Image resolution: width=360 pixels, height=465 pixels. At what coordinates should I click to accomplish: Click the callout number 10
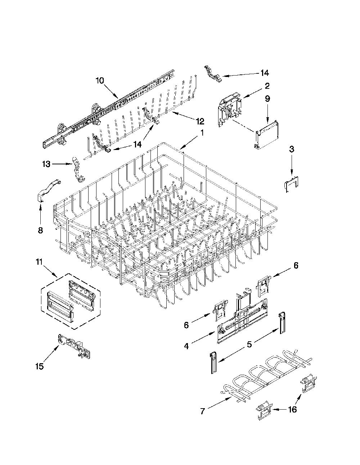(100, 81)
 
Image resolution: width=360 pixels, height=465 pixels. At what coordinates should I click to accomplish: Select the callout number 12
(199, 122)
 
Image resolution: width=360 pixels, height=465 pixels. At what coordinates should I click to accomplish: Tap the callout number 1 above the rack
(201, 133)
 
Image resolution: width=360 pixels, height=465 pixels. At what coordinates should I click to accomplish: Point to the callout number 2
(267, 86)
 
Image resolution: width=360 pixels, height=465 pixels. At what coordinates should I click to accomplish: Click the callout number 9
(267, 99)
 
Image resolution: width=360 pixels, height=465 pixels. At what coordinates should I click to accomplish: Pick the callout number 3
(292, 149)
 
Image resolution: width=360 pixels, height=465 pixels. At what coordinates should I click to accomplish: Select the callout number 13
(46, 164)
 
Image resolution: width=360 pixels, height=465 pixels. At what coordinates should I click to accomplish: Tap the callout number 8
(40, 231)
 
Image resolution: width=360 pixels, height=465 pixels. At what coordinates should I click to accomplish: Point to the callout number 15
(40, 366)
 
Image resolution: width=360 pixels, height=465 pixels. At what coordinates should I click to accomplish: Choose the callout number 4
(186, 346)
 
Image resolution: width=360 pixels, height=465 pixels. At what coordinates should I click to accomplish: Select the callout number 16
(292, 409)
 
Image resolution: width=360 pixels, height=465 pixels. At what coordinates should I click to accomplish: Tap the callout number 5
(249, 344)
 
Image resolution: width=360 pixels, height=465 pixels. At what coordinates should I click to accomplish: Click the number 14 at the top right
(265, 73)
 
